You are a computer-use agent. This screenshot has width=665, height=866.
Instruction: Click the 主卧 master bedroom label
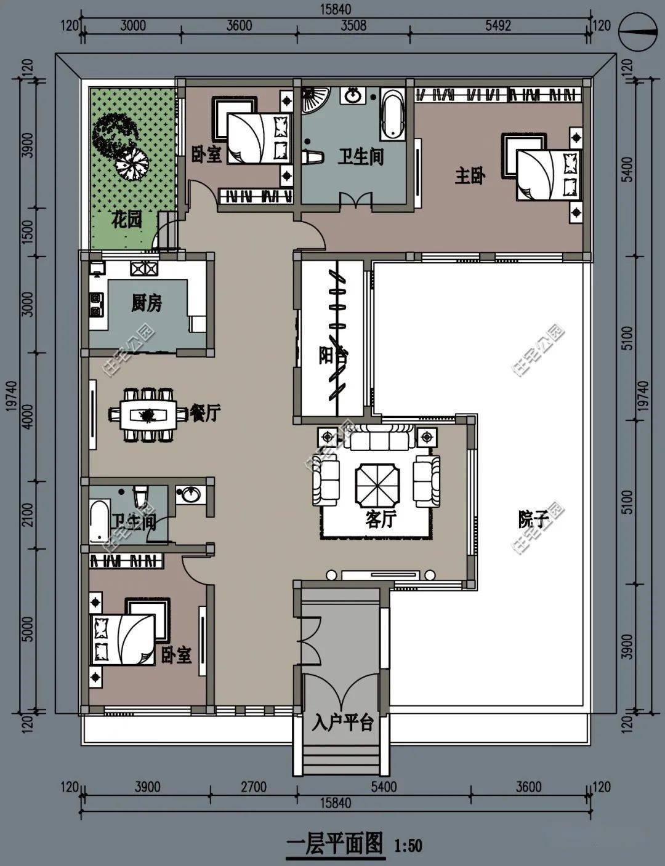[470, 176]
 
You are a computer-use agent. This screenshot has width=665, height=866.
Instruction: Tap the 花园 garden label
[126, 220]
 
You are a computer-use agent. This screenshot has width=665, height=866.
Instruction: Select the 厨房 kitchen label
[147, 303]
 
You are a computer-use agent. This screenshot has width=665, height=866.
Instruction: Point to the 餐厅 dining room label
[204, 413]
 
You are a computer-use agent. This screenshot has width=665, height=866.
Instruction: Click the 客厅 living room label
[381, 519]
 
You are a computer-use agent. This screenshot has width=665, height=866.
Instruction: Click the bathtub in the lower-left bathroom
[99, 522]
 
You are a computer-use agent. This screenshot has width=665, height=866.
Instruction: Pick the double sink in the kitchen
[143, 268]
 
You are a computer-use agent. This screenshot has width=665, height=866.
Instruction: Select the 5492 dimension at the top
[498, 26]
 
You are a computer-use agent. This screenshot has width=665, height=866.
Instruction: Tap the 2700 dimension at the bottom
[254, 787]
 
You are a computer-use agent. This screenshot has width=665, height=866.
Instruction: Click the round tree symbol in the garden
[132, 163]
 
